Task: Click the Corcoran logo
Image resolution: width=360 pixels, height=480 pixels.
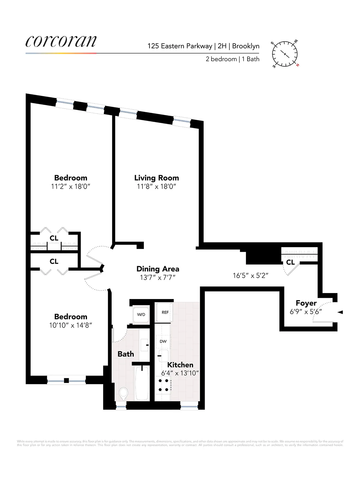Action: pyautogui.click(x=61, y=41)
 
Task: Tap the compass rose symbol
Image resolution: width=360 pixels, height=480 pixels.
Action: pyautogui.click(x=285, y=54)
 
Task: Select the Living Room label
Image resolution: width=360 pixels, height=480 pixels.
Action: pyautogui.click(x=156, y=178)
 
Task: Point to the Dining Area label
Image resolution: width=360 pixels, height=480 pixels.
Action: pyautogui.click(x=158, y=269)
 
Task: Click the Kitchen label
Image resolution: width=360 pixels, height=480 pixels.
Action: pyautogui.click(x=180, y=365)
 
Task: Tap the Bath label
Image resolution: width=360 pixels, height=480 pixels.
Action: pyautogui.click(x=126, y=354)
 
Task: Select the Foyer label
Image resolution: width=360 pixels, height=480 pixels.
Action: pyautogui.click(x=306, y=303)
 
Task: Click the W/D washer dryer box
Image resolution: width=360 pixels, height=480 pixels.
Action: pyautogui.click(x=141, y=314)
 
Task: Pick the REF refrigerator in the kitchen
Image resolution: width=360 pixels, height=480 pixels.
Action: pyautogui.click(x=165, y=312)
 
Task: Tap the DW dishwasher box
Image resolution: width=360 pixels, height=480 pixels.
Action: pyautogui.click(x=163, y=341)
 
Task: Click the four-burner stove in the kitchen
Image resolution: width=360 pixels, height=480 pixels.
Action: pyautogui.click(x=163, y=385)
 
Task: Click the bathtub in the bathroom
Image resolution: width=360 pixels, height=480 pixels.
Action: pyautogui.click(x=142, y=383)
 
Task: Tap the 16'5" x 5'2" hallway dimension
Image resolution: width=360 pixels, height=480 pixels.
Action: pyautogui.click(x=250, y=275)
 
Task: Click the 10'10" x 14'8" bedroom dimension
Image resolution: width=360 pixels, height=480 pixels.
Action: pyautogui.click(x=70, y=325)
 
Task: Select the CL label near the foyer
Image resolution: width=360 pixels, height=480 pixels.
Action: pyautogui.click(x=290, y=262)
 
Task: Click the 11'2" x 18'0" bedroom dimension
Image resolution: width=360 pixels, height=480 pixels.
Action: pyautogui.click(x=70, y=187)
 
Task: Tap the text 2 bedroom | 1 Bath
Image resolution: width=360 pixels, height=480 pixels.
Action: pyautogui.click(x=232, y=59)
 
